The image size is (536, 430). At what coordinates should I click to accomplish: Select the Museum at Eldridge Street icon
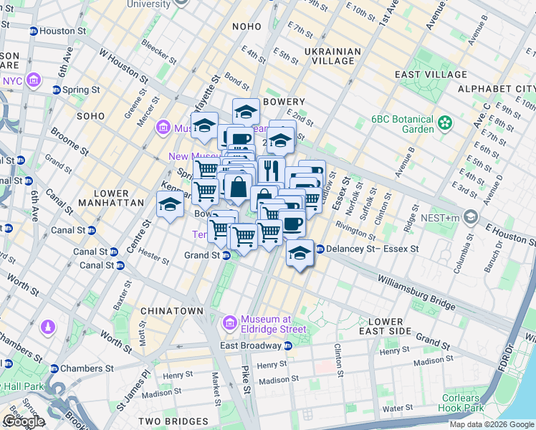point(229,323)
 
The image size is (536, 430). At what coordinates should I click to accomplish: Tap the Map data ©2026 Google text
point(492,424)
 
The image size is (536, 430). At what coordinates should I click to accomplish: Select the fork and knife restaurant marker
point(271,170)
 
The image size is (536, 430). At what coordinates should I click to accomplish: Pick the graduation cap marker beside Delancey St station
point(300,254)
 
